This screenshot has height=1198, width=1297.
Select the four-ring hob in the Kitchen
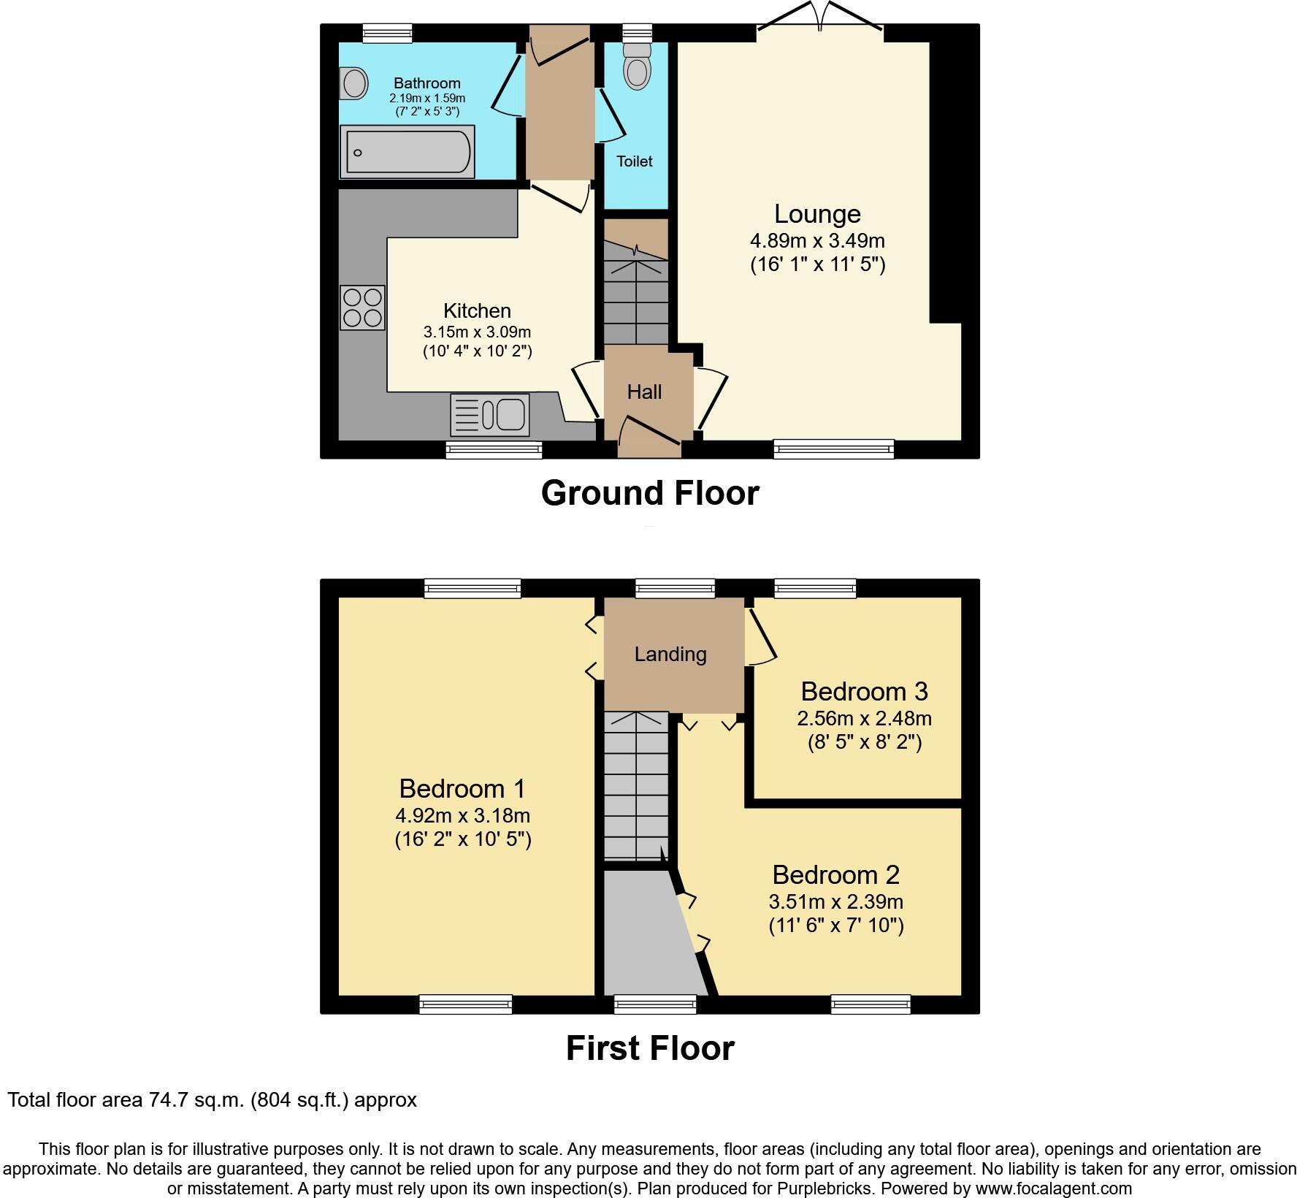[x=363, y=308]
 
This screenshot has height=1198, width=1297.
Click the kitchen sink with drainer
[x=490, y=415]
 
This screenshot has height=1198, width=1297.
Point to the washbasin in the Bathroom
[x=354, y=83]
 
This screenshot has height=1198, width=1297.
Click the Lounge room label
[x=817, y=214]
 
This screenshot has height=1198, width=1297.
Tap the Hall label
[x=644, y=392]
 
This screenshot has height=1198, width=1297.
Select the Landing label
[x=670, y=655]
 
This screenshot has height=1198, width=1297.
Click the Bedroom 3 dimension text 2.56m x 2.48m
[x=864, y=719]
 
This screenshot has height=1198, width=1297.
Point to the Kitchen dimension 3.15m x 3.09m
[x=477, y=332]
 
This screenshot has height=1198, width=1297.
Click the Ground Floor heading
[x=650, y=493]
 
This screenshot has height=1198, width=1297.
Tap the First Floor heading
[x=650, y=1048]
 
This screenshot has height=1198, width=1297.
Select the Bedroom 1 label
[x=462, y=789]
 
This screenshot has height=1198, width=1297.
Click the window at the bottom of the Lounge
[x=833, y=449]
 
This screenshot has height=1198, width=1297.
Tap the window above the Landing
[x=675, y=588]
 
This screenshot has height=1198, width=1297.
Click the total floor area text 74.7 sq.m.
[x=212, y=1100]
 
